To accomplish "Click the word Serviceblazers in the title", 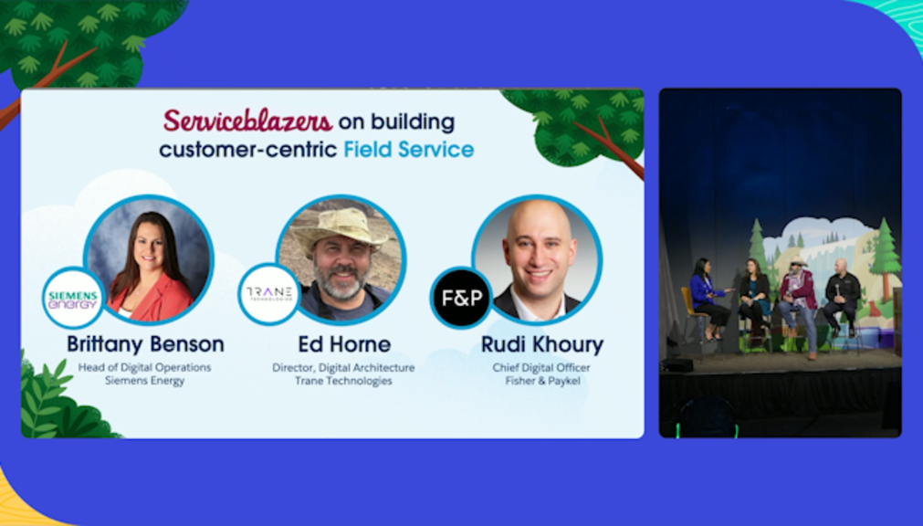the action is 247,121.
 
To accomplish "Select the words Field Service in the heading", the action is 408,150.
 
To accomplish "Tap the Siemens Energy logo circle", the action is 73,298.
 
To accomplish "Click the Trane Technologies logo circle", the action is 269,294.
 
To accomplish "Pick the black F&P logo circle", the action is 462,298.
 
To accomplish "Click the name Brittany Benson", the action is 145,344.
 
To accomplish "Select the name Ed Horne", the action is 344,344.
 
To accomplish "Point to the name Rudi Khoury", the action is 542,344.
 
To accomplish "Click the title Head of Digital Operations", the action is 145,367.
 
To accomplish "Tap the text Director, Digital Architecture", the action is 343,367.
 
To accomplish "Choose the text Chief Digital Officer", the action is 541,367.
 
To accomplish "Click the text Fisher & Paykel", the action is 542,381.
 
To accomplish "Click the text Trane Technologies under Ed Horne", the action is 344,381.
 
